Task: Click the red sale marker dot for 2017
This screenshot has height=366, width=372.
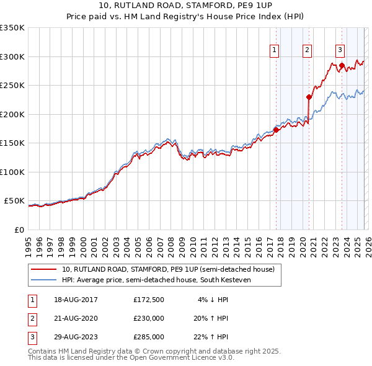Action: click(276, 130)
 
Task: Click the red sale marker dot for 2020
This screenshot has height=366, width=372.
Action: click(309, 97)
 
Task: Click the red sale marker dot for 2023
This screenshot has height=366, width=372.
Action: click(342, 65)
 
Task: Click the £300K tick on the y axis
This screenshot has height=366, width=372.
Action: click(12, 56)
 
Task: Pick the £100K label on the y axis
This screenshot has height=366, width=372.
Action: click(12, 172)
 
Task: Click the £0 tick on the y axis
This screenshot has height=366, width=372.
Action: click(19, 230)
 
